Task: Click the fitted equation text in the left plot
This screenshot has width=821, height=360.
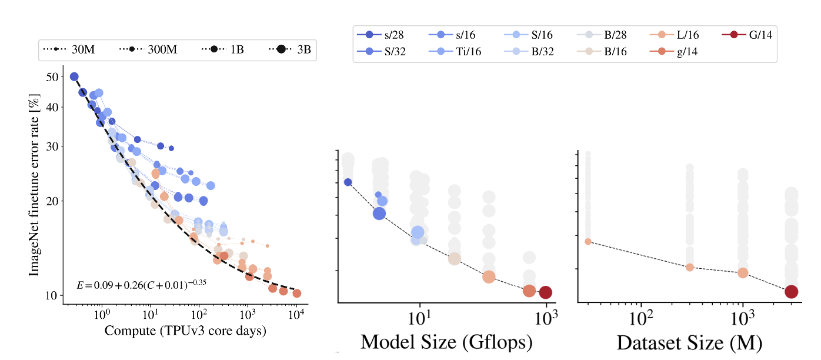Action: point(141,284)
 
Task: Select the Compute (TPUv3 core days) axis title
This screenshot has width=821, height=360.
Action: point(185,331)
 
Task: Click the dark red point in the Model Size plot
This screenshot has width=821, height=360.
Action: point(545,292)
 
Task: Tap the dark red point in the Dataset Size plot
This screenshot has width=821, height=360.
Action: point(791,291)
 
